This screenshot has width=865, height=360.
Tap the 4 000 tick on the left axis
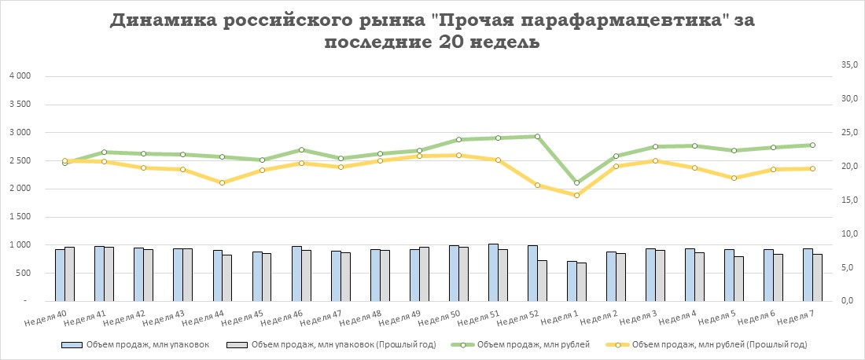coord(18,76)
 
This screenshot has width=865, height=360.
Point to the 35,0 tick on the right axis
coord(848,66)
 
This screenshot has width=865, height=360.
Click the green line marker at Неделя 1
coord(576,182)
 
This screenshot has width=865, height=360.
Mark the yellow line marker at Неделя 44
coord(222,182)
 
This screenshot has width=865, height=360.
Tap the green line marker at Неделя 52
coord(537,137)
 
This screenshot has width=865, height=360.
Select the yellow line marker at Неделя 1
coord(576,195)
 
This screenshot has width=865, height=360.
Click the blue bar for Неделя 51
coord(493,272)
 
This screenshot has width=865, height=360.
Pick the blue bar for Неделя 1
coord(572,281)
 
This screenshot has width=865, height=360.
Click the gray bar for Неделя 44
coord(227,277)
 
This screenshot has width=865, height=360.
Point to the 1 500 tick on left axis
coord(18,217)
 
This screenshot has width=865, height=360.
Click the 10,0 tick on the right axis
coord(848,234)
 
